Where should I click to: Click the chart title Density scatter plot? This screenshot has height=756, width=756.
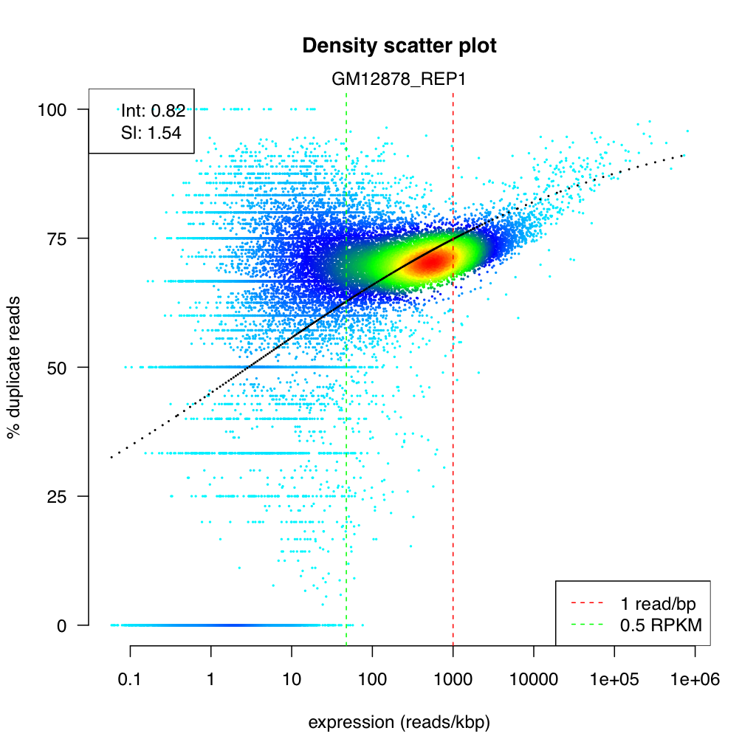[399, 46]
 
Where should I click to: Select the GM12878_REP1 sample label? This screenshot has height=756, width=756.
[399, 80]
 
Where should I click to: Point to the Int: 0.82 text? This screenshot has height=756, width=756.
[153, 111]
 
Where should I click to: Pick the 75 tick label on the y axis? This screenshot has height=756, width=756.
[58, 238]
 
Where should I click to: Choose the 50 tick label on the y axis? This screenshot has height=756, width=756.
[58, 368]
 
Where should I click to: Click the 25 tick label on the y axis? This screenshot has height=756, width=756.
[58, 496]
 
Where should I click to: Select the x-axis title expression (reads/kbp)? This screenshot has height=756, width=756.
[399, 724]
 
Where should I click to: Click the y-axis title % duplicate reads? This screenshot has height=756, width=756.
[14, 368]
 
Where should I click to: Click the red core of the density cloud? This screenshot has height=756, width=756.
[430, 261]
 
